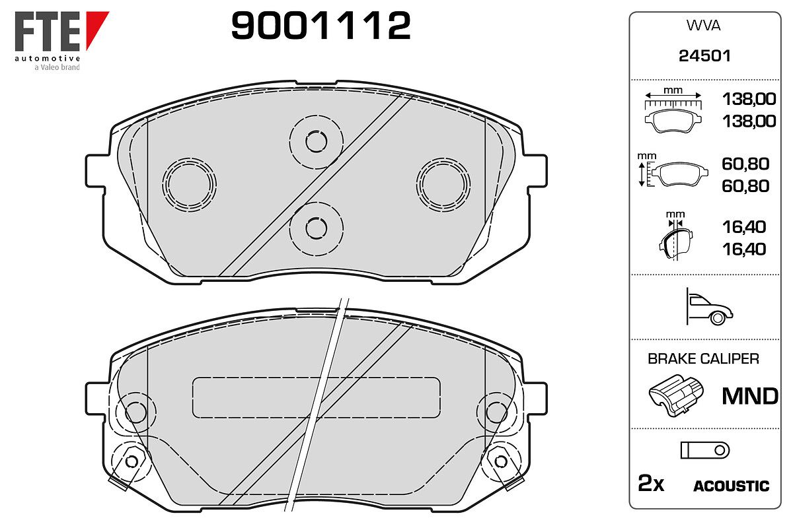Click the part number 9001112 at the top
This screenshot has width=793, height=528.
(x=321, y=25)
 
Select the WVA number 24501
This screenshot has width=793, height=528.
(x=704, y=56)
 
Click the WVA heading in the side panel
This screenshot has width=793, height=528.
(x=703, y=26)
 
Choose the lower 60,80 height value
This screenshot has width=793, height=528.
(x=745, y=186)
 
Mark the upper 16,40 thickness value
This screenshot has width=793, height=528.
(x=744, y=227)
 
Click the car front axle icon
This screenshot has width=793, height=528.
(x=709, y=306)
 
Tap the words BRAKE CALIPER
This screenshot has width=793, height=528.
(x=703, y=358)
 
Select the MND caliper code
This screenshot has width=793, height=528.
(x=750, y=396)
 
